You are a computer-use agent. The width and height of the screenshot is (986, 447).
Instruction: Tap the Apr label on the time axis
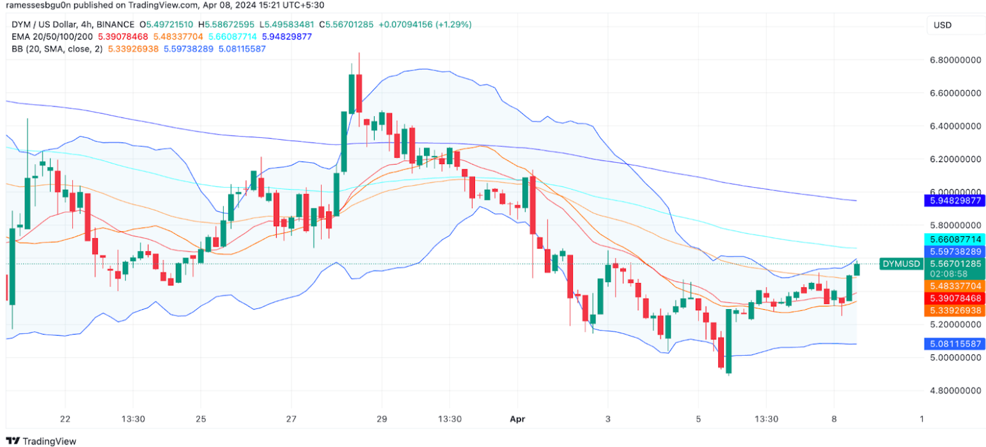click(517, 419)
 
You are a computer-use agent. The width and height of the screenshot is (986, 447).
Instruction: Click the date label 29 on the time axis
click(382, 419)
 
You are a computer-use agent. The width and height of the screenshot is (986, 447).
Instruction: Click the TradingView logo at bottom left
click(41, 441)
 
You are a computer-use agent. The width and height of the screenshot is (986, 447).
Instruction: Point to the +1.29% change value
click(453, 24)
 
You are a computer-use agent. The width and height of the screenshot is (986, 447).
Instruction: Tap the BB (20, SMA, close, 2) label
click(56, 49)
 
